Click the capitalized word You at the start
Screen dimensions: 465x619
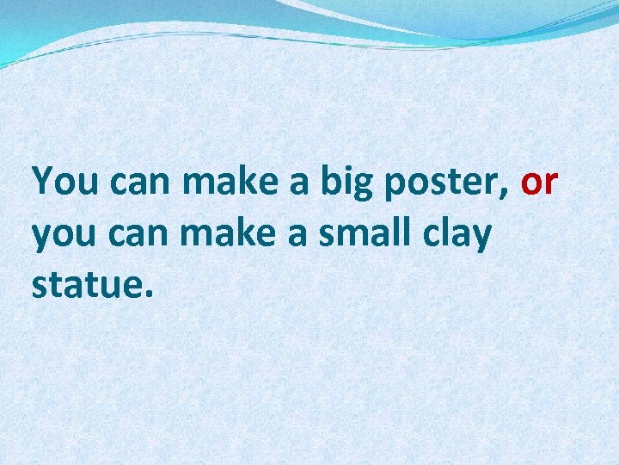pos(62,183)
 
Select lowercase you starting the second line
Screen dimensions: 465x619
pos(62,237)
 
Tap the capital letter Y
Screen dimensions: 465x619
pos(42,183)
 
